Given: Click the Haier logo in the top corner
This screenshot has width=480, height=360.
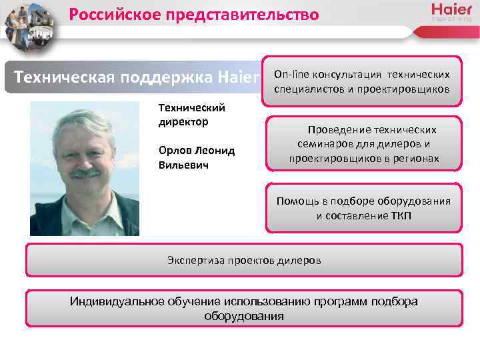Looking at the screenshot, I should pos(451,11).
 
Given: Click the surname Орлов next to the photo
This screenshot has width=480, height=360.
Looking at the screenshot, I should pos(174,151).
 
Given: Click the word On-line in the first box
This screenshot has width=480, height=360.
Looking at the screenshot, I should pos(291,75).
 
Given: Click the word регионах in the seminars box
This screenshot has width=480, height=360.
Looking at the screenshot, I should pos(417,159).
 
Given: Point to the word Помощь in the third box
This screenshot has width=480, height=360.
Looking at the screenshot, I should pos(295,201).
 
